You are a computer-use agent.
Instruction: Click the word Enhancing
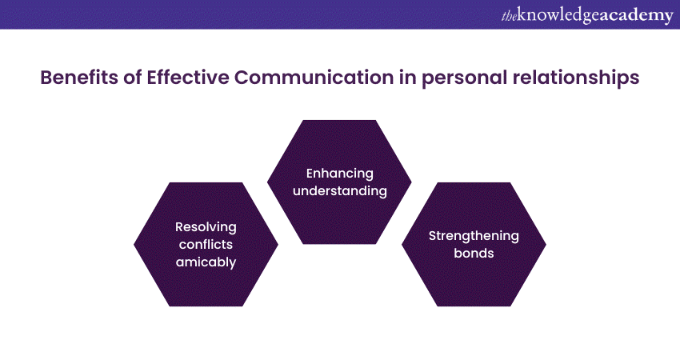click(x=339, y=174)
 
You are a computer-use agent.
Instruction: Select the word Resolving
click(x=206, y=226)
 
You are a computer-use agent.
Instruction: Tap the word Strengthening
click(x=474, y=235)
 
